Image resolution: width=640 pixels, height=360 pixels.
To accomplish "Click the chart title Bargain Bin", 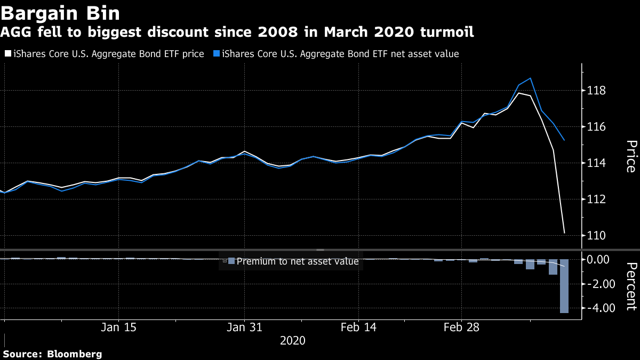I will pyautogui.click(x=60, y=13).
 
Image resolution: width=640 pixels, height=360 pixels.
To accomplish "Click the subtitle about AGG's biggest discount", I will pyautogui.click(x=237, y=33).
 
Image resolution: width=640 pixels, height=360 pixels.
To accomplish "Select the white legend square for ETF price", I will pyautogui.click(x=6, y=54).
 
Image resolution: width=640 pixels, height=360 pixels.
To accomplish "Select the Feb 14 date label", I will pyautogui.click(x=359, y=327).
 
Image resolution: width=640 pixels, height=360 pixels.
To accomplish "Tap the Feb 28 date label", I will pyautogui.click(x=461, y=327).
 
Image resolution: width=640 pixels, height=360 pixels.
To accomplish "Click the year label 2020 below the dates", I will pyautogui.click(x=292, y=340).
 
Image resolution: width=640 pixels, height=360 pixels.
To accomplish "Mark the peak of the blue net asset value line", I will pyautogui.click(x=530, y=78).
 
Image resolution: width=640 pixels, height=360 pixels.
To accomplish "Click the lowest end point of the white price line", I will pyautogui.click(x=564, y=233).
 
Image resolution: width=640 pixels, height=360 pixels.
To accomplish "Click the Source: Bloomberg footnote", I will pyautogui.click(x=52, y=354).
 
